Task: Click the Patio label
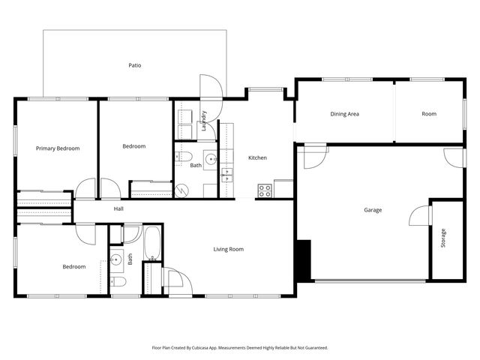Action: click(135, 65)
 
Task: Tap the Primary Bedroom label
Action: click(58, 148)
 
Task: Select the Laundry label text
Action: click(203, 121)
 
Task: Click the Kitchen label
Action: click(257, 157)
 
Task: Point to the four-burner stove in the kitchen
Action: click(265, 190)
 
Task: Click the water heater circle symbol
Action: click(182, 190)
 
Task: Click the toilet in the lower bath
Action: click(117, 282)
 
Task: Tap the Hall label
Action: click(118, 208)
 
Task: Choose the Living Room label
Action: click(228, 249)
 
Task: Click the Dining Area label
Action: click(344, 114)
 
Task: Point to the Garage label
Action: click(373, 210)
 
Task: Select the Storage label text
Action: click(443, 238)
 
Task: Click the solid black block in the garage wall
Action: click(304, 259)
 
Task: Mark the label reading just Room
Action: click(428, 114)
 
